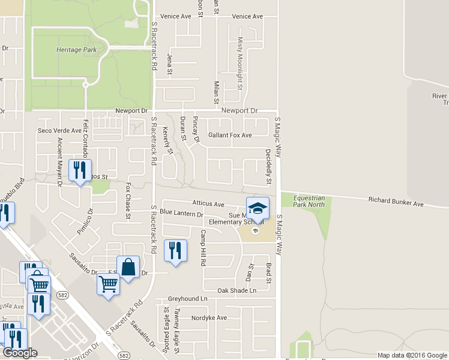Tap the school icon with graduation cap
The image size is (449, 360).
click(258, 208)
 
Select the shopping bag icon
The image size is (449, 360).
click(129, 268)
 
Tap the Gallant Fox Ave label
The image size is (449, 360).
click(229, 136)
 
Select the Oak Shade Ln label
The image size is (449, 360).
click(237, 290)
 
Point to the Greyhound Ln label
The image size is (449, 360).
click(187, 298)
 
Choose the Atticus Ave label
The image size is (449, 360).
click(208, 205)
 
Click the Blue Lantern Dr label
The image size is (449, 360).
click(181, 214)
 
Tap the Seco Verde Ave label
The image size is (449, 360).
click(59, 131)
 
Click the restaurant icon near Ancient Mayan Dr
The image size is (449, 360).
click(80, 170)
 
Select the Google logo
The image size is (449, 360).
click(20, 353)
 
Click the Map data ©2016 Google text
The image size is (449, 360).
click(411, 355)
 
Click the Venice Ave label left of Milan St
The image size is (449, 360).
click(176, 16)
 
